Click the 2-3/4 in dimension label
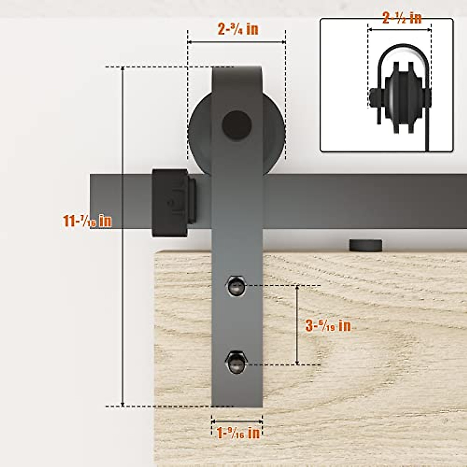click(238, 29)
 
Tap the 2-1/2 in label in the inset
click(402, 18)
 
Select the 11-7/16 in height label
click(88, 221)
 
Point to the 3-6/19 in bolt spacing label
click(328, 325)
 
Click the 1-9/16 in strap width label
click(238, 433)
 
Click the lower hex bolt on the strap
click(235, 362)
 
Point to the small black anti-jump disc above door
click(366, 245)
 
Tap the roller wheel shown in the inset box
click(401, 97)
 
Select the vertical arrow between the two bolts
click(297, 325)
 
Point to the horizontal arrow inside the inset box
click(400, 30)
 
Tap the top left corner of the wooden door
click(156, 253)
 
